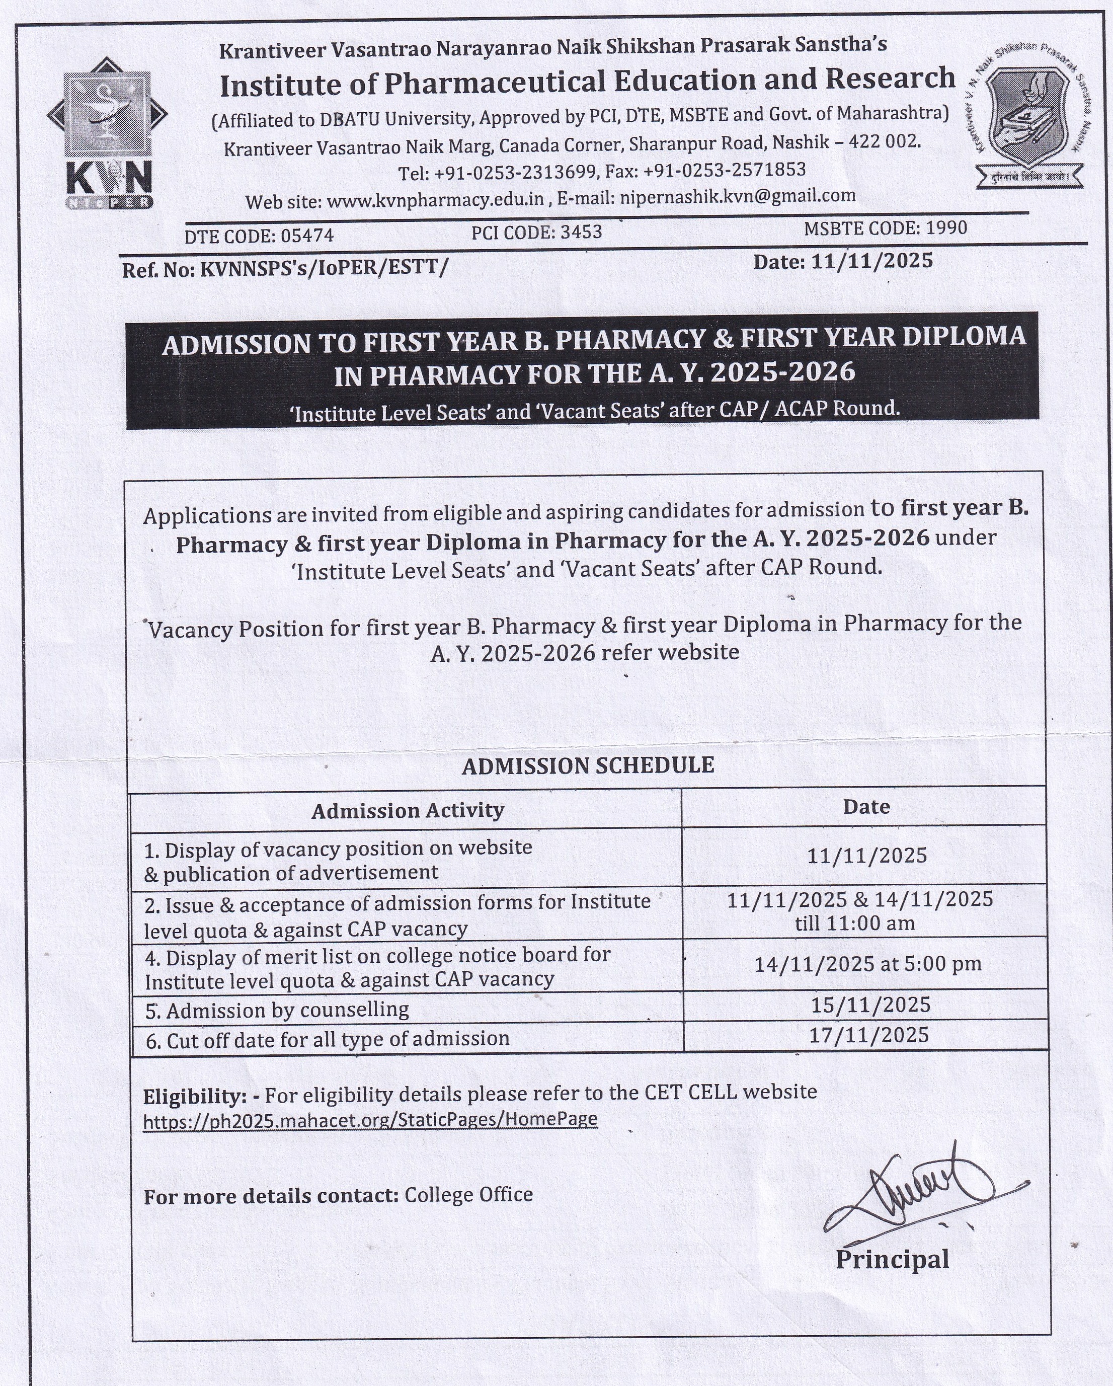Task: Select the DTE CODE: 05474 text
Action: click(259, 236)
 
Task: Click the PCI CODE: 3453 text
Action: click(536, 232)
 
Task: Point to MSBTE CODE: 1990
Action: click(885, 228)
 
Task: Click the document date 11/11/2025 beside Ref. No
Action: click(871, 261)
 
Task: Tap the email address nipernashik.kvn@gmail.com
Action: click(737, 197)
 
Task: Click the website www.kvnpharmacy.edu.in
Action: click(436, 201)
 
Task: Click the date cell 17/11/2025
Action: click(869, 1034)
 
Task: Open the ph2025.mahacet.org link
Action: click(370, 1120)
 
